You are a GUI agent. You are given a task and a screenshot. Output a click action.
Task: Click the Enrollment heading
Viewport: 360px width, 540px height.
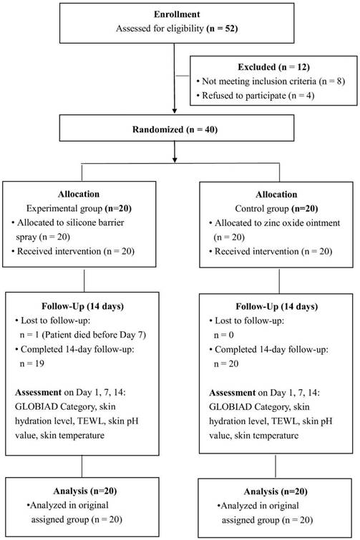click(x=177, y=14)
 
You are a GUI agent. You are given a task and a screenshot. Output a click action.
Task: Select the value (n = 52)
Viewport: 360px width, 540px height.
click(x=222, y=29)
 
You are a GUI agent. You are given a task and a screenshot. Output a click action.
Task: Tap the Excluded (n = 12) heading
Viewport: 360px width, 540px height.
click(x=273, y=67)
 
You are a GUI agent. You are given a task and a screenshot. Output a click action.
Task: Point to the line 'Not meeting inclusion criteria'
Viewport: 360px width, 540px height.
click(x=259, y=82)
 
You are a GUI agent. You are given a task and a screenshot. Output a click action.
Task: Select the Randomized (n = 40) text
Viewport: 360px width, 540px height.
click(x=175, y=129)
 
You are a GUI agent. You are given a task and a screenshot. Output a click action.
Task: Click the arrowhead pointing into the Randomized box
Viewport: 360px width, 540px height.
click(x=175, y=111)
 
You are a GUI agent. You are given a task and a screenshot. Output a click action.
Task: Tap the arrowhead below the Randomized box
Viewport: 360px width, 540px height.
click(x=175, y=159)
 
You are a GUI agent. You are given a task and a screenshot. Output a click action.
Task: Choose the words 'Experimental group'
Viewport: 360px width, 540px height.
click(x=64, y=208)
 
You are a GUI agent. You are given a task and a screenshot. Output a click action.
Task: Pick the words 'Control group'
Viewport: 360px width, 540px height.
click(x=262, y=209)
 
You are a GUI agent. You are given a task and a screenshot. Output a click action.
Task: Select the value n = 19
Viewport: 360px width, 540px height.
click(x=31, y=363)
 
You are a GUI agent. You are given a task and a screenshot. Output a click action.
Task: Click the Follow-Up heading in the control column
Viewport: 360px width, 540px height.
click(x=277, y=307)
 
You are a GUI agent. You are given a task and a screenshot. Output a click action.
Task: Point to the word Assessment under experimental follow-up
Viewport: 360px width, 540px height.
click(x=38, y=393)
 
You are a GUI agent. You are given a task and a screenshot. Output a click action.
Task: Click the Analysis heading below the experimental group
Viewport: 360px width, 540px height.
click(x=84, y=491)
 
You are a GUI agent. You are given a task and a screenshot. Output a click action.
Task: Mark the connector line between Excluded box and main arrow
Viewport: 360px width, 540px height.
click(x=183, y=75)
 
